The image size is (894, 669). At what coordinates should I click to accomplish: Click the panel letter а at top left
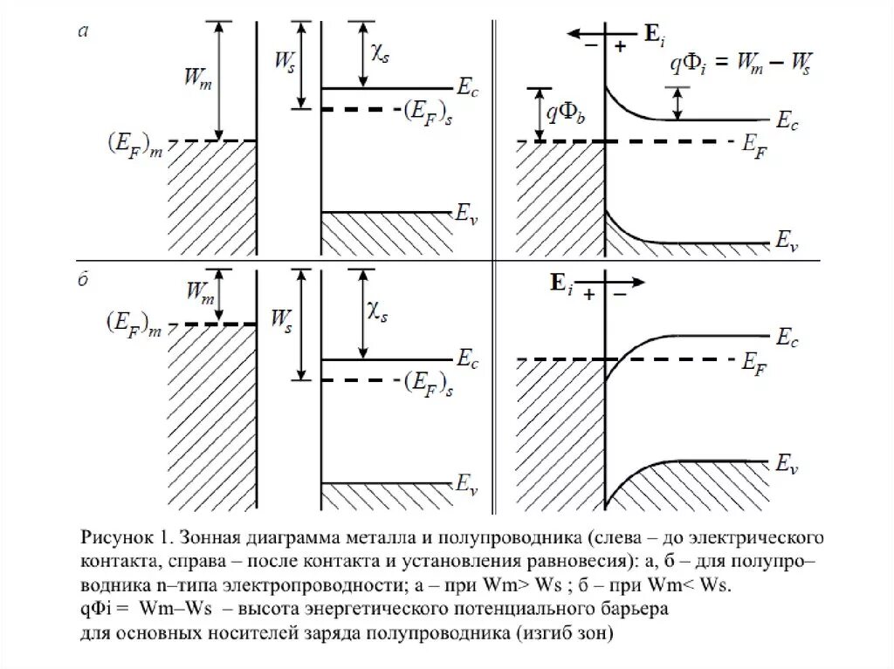(83, 32)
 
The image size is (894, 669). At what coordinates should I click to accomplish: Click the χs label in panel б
(378, 311)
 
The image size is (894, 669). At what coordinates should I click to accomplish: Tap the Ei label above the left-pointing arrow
(655, 34)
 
